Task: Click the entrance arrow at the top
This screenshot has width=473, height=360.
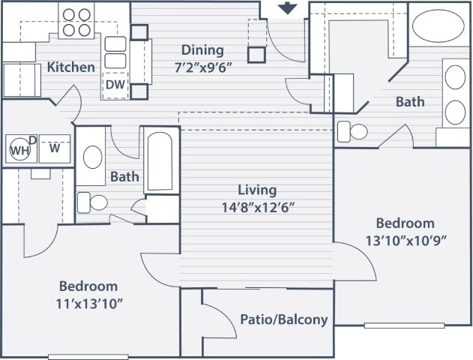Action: tap(287, 8)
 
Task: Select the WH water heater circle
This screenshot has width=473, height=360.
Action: tap(17, 148)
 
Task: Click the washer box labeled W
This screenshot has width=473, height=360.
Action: tap(55, 148)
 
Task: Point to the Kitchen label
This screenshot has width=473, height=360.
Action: tap(71, 67)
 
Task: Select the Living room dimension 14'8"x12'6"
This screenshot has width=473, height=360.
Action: tap(256, 208)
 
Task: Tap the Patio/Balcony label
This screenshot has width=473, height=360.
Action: tap(284, 319)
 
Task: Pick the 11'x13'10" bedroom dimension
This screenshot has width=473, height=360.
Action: tap(88, 303)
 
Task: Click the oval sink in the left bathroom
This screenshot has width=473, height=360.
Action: tap(93, 157)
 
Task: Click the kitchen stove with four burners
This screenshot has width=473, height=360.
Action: tap(75, 22)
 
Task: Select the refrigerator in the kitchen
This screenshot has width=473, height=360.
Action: tap(21, 79)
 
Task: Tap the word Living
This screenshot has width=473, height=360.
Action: tap(256, 190)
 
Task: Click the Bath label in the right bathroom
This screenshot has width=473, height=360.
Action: tap(410, 101)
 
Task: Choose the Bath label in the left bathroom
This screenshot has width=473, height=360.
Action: tap(124, 177)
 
